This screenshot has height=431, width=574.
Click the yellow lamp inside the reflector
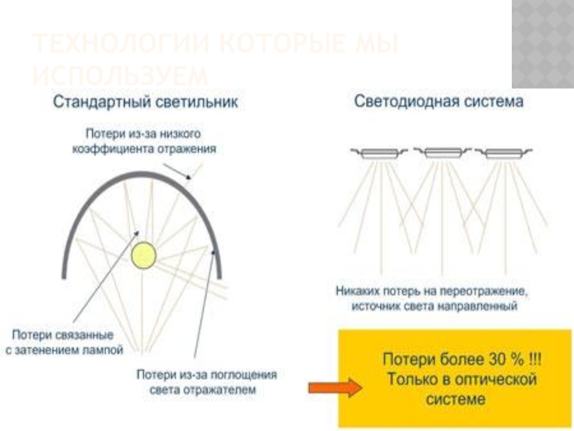(x=143, y=254)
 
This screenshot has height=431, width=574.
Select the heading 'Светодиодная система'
(x=439, y=102)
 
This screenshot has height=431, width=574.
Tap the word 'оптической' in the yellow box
(x=495, y=379)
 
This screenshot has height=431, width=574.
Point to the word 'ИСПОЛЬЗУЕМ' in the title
(x=121, y=75)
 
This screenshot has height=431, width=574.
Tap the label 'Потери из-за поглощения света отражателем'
(x=206, y=383)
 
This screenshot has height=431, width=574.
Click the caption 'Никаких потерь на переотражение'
(x=432, y=292)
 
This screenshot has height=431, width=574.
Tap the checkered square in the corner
(x=542, y=43)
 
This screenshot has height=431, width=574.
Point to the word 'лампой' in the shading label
(x=105, y=350)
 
